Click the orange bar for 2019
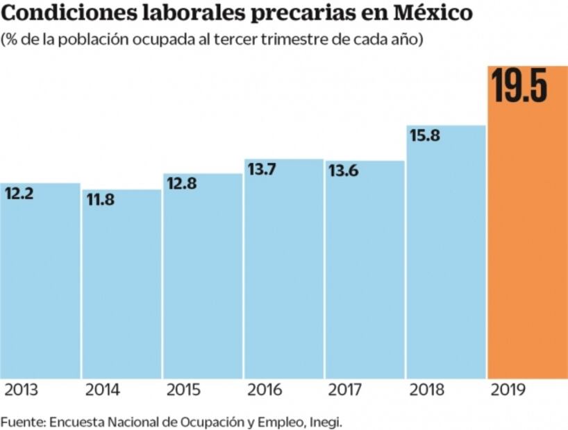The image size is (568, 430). [528, 243]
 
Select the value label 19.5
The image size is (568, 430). [519, 86]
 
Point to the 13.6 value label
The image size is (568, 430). [343, 171]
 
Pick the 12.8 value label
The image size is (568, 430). [181, 184]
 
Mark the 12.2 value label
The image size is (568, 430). [19, 193]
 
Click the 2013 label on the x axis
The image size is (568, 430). [22, 390]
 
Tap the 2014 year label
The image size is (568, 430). [102, 390]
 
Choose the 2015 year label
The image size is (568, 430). [183, 390]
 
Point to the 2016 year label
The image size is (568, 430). [265, 390]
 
